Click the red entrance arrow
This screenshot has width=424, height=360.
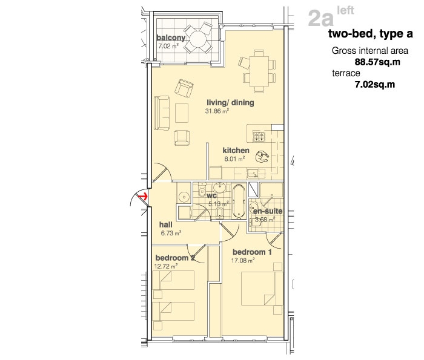point(144,197)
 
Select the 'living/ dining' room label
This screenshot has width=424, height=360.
point(230,103)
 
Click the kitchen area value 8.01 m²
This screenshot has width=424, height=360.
point(234,159)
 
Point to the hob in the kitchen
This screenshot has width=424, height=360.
point(259,136)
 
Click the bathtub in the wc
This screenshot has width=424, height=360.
point(239,201)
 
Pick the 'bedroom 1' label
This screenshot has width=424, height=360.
point(252,252)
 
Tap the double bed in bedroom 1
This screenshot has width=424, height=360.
point(258,289)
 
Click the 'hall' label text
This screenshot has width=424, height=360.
point(165,224)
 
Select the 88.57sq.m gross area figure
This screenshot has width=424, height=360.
point(377,62)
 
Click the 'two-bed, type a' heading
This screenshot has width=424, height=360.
point(371,34)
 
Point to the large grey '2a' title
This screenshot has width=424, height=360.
point(320,19)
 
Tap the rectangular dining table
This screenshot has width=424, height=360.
point(259,71)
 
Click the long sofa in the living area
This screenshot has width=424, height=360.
point(162,113)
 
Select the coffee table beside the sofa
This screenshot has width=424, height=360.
point(182,113)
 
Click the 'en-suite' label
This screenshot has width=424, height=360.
point(268,211)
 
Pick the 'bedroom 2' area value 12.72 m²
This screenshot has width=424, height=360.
point(166,266)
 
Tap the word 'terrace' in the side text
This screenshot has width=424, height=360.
point(346,73)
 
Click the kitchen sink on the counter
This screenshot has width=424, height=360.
point(253,173)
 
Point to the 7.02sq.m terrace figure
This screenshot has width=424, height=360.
point(375,85)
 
